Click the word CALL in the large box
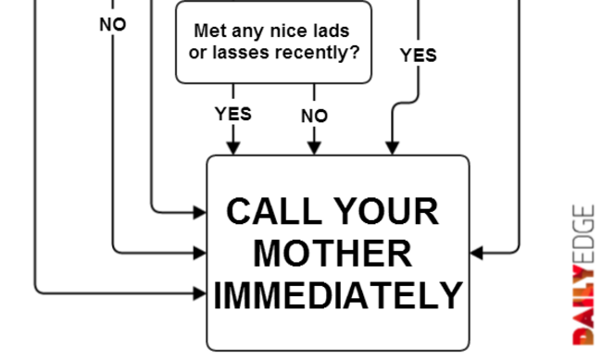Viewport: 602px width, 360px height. click(274, 211)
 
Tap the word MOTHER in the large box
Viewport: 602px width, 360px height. click(332, 254)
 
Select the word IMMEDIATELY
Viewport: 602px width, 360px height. click(338, 294)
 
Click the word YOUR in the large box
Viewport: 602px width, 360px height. click(386, 211)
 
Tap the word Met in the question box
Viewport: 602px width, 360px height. click(209, 31)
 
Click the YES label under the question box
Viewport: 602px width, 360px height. click(233, 114)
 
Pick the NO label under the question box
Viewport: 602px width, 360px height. click(315, 116)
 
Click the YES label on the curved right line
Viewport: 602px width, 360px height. click(418, 56)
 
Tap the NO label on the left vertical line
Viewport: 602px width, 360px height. click(112, 25)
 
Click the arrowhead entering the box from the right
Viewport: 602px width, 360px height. click(477, 253)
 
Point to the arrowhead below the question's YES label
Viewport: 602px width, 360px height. click(233, 148)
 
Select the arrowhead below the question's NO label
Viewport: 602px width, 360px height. click(315, 148)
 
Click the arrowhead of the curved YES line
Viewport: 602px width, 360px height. click(392, 148)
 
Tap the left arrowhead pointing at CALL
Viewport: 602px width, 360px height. click(200, 212)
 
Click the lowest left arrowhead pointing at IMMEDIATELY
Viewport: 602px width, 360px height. click(200, 293)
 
